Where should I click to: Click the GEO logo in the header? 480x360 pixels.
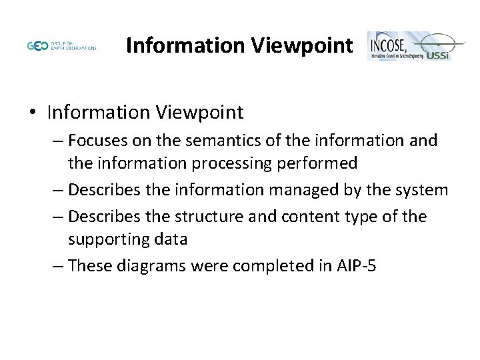(x=38, y=47)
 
